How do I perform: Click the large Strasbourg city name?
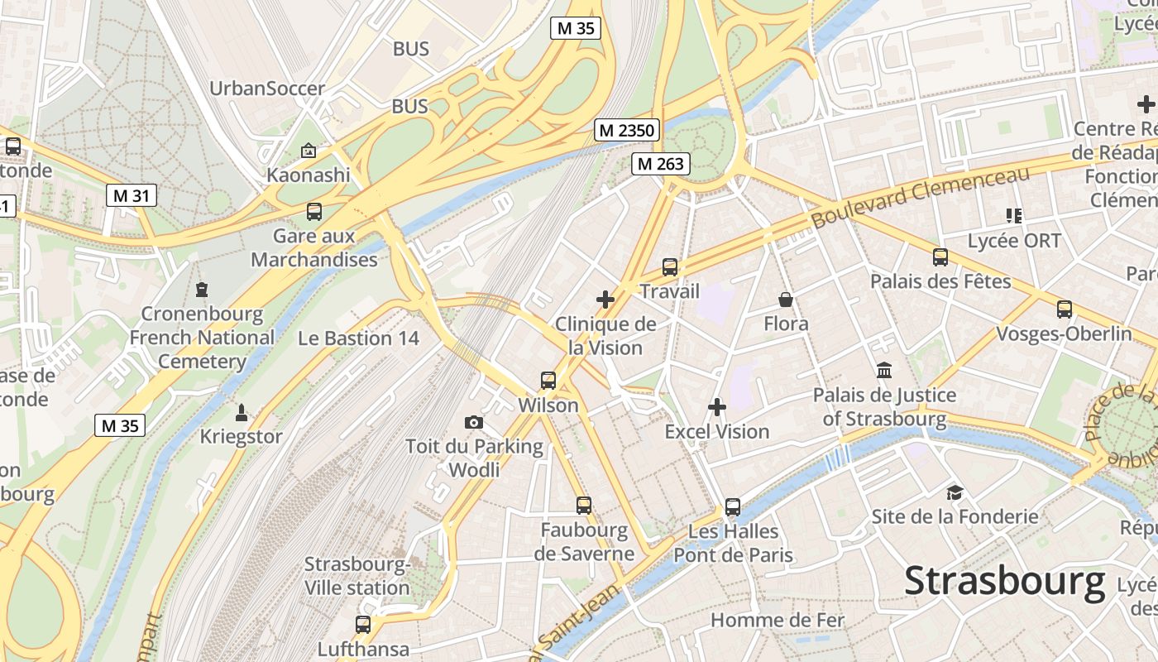click(1004, 581)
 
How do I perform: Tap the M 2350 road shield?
click(627, 130)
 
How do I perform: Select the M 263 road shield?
click(659, 164)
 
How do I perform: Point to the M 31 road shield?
click(131, 195)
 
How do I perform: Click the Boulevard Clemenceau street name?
click(920, 198)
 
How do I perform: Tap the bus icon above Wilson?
click(548, 381)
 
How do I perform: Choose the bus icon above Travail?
click(669, 267)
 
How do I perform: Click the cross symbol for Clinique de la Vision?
click(605, 300)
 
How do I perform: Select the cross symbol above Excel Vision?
click(717, 407)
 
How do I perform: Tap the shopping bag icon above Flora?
click(785, 300)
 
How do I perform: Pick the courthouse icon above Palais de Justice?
click(884, 371)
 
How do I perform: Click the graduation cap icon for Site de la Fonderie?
click(955, 492)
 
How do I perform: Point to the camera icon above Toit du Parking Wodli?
click(474, 423)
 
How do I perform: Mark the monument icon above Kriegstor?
click(242, 412)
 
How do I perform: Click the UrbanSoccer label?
click(267, 89)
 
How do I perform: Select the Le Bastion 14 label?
click(358, 338)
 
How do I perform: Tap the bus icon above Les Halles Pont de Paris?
click(732, 506)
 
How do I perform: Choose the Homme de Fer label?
click(778, 620)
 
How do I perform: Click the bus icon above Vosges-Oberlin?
click(1064, 309)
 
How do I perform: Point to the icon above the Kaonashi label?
click(309, 151)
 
